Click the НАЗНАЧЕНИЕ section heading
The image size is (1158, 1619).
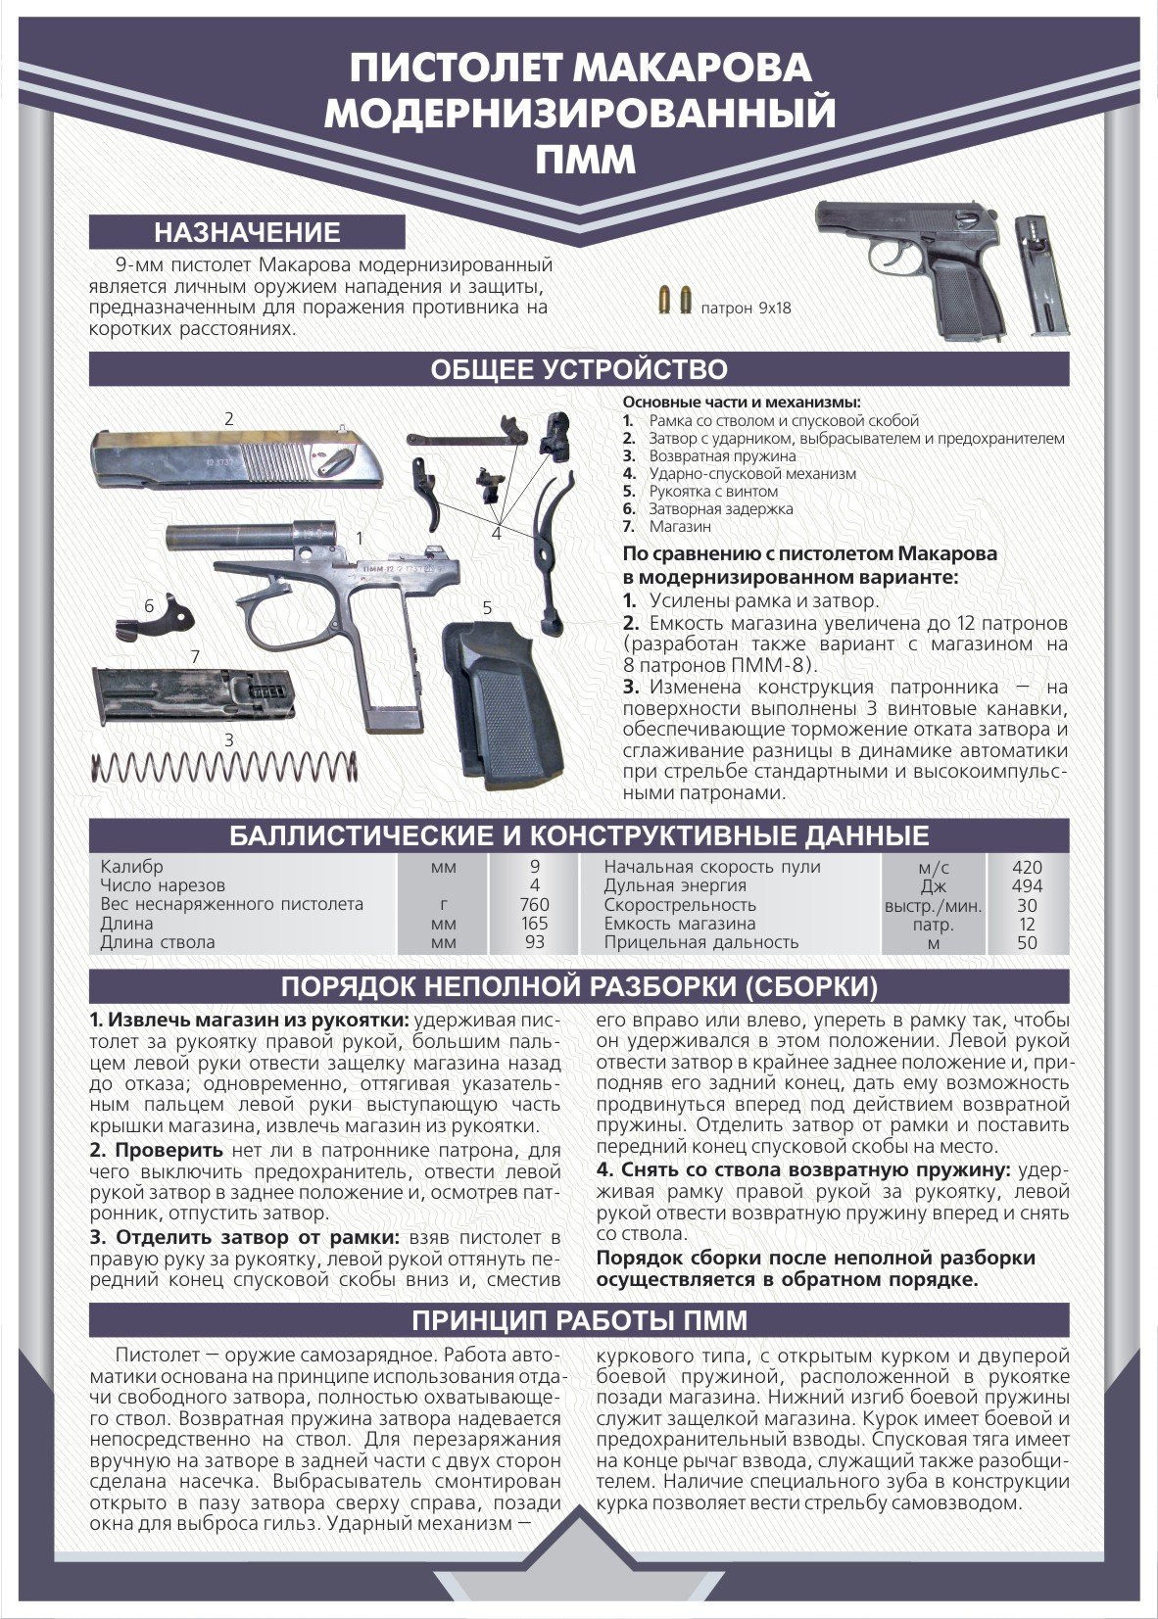point(246,232)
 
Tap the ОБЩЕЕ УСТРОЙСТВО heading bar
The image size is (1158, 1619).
point(579,369)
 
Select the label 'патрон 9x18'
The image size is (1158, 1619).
point(746,309)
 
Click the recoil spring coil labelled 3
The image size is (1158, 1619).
point(222,767)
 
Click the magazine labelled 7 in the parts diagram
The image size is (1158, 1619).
point(193,695)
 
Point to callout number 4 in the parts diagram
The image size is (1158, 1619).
point(497,533)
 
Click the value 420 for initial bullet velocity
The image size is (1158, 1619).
point(1027,867)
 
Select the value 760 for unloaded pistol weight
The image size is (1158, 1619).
point(534,904)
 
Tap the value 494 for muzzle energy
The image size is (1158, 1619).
point(1027,885)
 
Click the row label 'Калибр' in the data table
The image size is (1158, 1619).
point(132,867)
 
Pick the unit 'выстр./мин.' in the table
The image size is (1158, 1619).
point(933,905)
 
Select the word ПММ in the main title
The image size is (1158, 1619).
point(579,160)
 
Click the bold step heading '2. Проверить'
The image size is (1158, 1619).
point(157,1150)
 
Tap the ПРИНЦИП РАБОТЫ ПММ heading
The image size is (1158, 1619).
point(579,1320)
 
